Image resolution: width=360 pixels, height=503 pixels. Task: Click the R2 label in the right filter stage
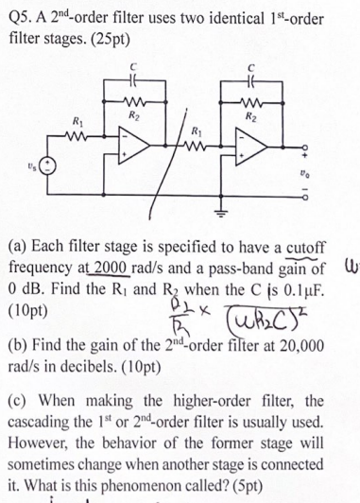[252, 114]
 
